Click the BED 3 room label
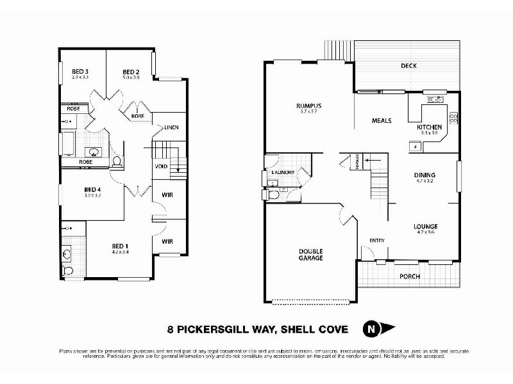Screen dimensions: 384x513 point(80,71)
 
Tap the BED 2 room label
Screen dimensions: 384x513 point(131,71)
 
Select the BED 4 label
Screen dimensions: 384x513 point(92,189)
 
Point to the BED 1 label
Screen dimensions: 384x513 point(121,246)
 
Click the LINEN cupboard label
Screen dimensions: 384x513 point(171,127)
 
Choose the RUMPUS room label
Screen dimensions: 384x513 point(308,106)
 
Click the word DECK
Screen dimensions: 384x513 point(408,65)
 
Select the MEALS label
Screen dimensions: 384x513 point(382,120)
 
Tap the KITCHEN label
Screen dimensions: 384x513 point(429,127)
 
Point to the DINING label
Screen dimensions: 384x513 point(425,175)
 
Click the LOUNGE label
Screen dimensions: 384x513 point(426,226)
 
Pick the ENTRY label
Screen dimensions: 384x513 point(376,240)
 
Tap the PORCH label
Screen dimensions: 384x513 point(409,276)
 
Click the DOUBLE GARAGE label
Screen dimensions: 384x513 point(310,254)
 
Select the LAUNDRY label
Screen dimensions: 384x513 point(283,172)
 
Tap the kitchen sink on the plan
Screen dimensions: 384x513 point(434,99)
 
